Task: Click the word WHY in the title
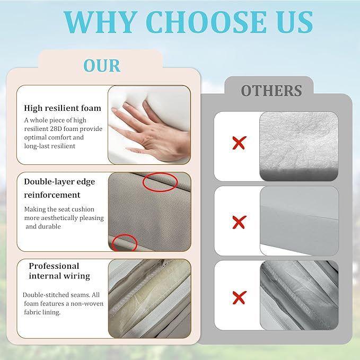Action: pyautogui.click(x=99, y=22)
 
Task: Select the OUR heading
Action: pyautogui.click(x=102, y=66)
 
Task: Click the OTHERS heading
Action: pyautogui.click(x=271, y=91)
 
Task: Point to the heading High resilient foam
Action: pyautogui.click(x=63, y=108)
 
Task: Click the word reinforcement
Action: pyautogui.click(x=52, y=195)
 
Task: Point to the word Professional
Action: pyautogui.click(x=54, y=266)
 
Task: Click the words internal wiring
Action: pyautogui.click(x=59, y=276)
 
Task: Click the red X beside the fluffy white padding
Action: pyautogui.click(x=239, y=143)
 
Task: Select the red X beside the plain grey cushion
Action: pyautogui.click(x=239, y=222)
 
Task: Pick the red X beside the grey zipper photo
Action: pyautogui.click(x=239, y=297)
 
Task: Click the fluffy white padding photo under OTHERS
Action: pyautogui.click(x=299, y=146)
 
